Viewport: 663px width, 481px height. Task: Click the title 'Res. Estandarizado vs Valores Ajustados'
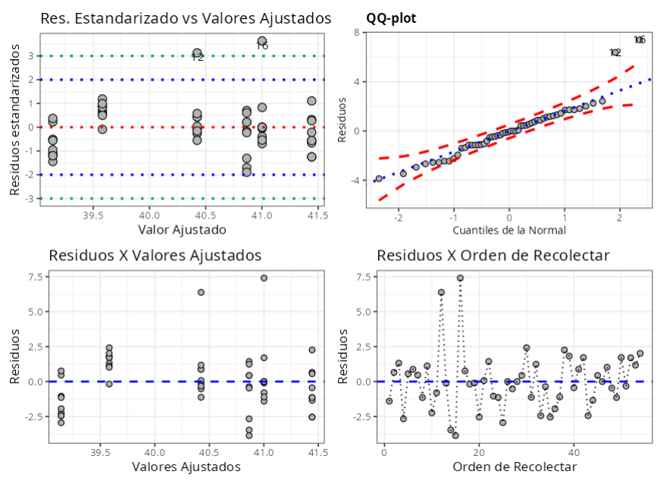pos(186,17)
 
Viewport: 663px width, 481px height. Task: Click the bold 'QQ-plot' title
pos(391,17)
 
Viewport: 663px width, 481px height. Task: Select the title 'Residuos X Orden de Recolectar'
pos(493,255)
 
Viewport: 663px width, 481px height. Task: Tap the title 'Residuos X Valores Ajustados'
pos(155,255)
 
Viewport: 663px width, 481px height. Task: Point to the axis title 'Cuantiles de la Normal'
pos(509,229)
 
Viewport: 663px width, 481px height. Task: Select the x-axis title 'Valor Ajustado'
pos(182,229)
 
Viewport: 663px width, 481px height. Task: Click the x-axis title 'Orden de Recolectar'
pos(514,467)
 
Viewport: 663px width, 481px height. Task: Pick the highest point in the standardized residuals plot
pos(262,41)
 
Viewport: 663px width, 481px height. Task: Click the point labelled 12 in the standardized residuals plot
pos(197,53)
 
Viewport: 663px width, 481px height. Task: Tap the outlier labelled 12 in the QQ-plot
pos(615,53)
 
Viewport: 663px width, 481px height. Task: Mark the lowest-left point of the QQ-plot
pos(379,178)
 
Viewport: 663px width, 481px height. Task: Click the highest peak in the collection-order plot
pos(460,278)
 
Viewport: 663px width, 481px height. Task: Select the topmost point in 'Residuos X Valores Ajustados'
pos(264,278)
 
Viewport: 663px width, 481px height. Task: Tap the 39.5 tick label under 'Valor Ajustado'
pos(93,214)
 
